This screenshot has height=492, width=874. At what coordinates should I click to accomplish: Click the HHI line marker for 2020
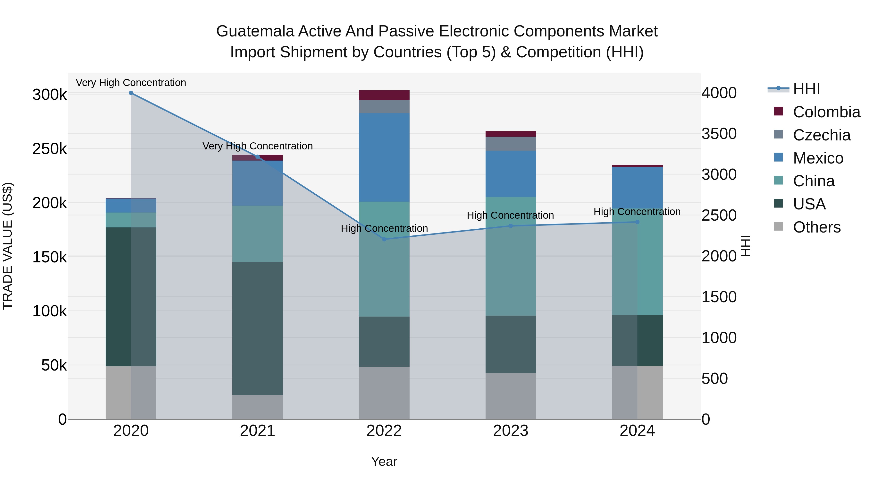[131, 93]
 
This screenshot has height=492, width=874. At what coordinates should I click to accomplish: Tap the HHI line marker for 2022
[384, 239]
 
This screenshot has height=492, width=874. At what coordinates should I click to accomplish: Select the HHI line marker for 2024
[637, 222]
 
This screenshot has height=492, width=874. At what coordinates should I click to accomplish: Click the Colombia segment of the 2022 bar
[384, 95]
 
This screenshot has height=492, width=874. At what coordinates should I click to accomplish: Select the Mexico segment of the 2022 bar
[384, 157]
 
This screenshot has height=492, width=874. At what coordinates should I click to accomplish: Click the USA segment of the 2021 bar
[258, 328]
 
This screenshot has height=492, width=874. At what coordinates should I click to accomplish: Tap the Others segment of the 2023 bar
[511, 396]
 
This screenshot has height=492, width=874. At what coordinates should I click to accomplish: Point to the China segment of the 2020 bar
[131, 220]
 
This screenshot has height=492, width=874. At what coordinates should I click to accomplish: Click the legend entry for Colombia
[826, 112]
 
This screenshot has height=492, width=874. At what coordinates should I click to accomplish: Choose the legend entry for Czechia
[821, 135]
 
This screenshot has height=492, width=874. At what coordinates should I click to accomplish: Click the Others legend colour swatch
[778, 226]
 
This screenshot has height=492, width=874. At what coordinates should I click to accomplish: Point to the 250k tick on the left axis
[50, 149]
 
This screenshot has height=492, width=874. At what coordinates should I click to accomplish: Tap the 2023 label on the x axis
[511, 431]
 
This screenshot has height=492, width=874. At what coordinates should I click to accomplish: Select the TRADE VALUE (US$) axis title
[8, 246]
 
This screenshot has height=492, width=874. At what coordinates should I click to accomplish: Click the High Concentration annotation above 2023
[510, 215]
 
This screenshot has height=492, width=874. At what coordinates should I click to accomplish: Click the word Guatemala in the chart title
[255, 31]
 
